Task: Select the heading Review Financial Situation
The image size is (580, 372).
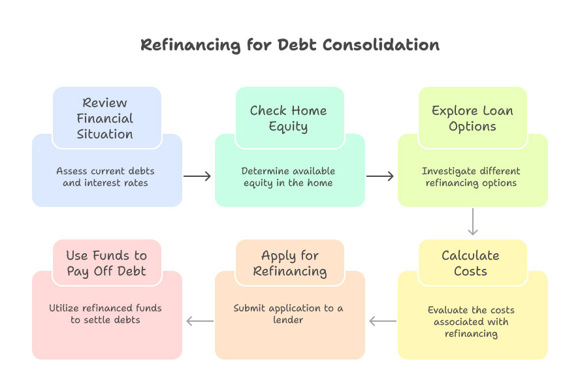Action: pyautogui.click(x=105, y=118)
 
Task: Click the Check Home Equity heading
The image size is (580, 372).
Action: pyautogui.click(x=288, y=118)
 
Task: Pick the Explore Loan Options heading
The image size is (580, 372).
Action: pyautogui.click(x=472, y=118)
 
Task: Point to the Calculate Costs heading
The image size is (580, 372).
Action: pyautogui.click(x=470, y=263)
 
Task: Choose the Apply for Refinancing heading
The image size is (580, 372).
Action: pyautogui.click(x=289, y=263)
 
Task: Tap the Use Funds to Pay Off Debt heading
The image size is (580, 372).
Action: pyautogui.click(x=106, y=263)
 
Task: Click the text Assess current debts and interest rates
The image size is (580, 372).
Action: pyautogui.click(x=105, y=177)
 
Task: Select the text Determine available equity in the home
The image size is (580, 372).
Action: pyautogui.click(x=288, y=177)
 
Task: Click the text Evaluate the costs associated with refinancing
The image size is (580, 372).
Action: pyautogui.click(x=471, y=322)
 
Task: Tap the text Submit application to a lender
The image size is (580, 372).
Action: pyautogui.click(x=288, y=314)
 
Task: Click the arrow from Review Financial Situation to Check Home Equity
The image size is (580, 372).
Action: pyautogui.click(x=197, y=176)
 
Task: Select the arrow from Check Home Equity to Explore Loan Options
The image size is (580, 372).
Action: pyautogui.click(x=380, y=176)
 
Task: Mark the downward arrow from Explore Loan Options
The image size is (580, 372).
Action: pyautogui.click(x=473, y=223)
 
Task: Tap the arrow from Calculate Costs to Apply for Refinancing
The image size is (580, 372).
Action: pyautogui.click(x=383, y=321)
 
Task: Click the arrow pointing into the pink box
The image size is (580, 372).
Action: pyautogui.click(x=200, y=321)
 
